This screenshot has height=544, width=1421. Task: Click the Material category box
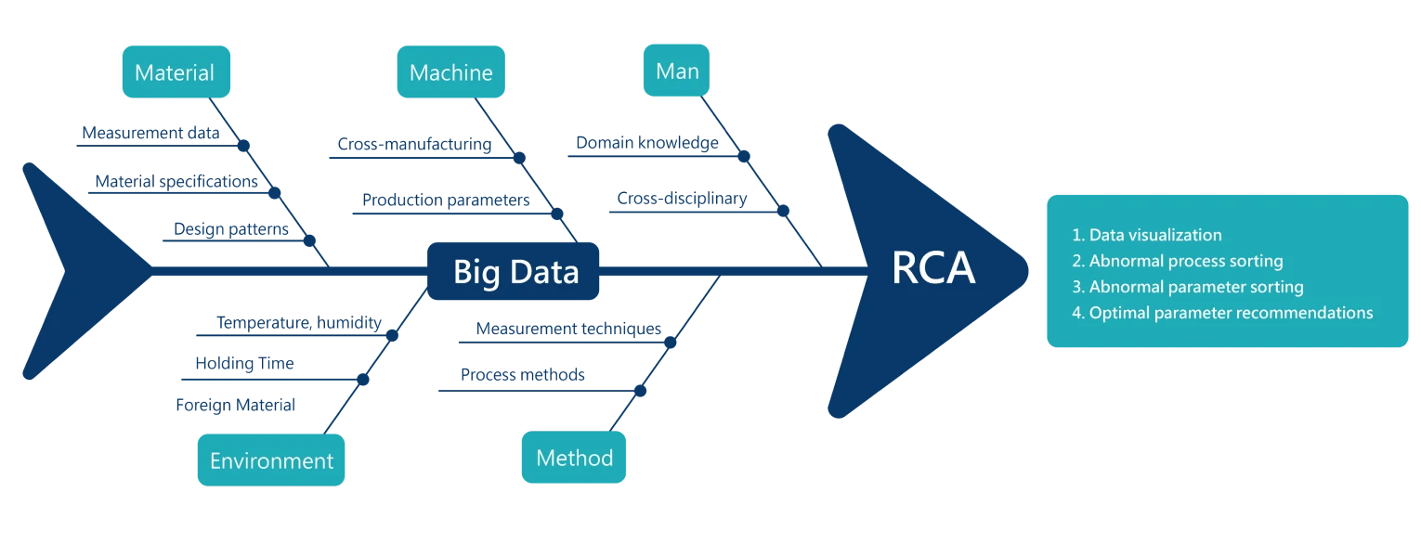tap(174, 72)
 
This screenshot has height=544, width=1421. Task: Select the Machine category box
tap(450, 72)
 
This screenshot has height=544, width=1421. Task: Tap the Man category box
tap(677, 71)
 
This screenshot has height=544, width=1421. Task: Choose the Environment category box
tap(271, 460)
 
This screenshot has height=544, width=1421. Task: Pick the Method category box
tap(574, 458)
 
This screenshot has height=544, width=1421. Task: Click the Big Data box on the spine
tap(515, 272)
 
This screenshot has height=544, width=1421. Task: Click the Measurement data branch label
tap(150, 133)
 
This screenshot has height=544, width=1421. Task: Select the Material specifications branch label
tap(174, 182)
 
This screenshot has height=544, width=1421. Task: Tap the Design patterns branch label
tap(230, 227)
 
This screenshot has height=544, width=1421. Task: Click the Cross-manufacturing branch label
tap(413, 144)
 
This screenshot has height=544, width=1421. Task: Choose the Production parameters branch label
tap(447, 199)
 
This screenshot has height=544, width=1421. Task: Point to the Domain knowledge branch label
tap(645, 143)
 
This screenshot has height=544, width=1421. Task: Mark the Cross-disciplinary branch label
tap(682, 198)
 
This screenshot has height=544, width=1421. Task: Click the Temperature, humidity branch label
tap(300, 323)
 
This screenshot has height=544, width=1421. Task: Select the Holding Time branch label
tap(243, 363)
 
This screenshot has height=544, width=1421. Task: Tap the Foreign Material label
tap(235, 405)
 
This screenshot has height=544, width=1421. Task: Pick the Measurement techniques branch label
tap(567, 328)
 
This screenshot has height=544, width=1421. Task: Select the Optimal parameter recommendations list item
tap(1222, 313)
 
